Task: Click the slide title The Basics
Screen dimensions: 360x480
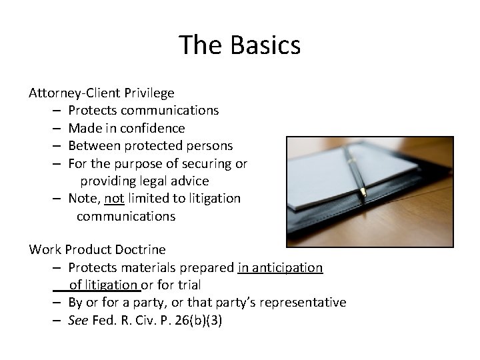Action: [240, 45]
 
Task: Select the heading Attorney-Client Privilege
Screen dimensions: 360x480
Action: [101, 93]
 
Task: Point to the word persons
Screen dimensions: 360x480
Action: [209, 145]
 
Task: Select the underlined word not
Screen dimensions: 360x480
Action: [114, 198]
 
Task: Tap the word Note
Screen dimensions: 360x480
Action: [83, 198]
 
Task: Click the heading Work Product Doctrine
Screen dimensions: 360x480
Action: [97, 250]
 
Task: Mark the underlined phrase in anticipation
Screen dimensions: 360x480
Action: [280, 268]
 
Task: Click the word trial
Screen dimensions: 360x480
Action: [187, 285]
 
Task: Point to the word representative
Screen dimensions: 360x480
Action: [303, 303]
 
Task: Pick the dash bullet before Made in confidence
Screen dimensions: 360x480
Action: [55, 128]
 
